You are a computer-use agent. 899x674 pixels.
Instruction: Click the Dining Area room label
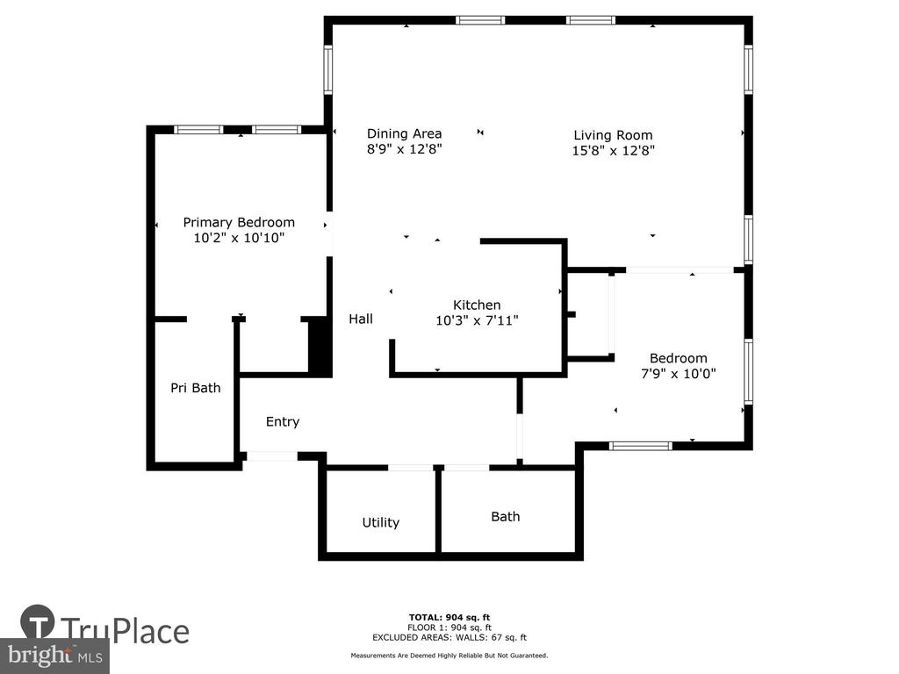tap(404, 133)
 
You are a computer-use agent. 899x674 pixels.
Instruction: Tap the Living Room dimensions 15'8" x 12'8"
tap(614, 150)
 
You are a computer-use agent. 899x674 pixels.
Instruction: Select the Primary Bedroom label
tap(239, 222)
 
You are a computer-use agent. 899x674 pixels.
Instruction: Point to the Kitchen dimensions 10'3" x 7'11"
tap(477, 320)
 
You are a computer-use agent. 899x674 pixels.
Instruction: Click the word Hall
tap(361, 319)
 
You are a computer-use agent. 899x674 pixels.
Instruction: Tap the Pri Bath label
tap(196, 388)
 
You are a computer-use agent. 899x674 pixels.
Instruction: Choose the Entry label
tap(283, 422)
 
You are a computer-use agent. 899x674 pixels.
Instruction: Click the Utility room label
tap(381, 523)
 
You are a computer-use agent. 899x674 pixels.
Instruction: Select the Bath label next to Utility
tap(506, 516)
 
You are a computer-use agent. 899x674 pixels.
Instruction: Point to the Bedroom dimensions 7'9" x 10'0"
tap(679, 374)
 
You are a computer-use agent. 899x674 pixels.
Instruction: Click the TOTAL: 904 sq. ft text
tap(449, 617)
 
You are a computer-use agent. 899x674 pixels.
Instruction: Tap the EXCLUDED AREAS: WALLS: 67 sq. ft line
tap(449, 637)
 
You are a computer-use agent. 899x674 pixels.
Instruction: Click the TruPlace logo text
tap(125, 631)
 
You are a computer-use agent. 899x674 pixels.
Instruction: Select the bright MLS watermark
tap(55, 656)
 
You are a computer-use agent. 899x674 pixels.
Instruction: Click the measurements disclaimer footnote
tap(449, 655)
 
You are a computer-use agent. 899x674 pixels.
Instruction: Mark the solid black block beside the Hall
tap(320, 347)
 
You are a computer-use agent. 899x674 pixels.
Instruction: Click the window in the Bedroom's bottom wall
tap(640, 445)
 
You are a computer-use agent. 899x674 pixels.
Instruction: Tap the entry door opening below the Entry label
tap(272, 456)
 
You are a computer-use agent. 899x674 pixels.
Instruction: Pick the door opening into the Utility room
tap(411, 468)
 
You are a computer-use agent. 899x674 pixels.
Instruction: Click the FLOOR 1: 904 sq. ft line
tap(449, 627)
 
